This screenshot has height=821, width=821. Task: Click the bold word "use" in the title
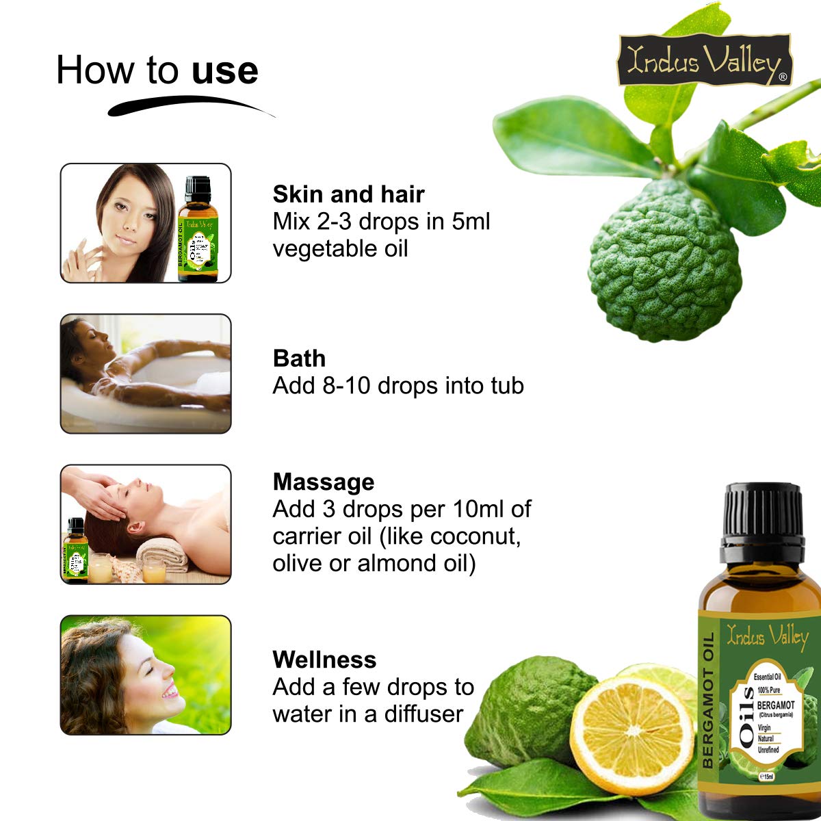coord(224,70)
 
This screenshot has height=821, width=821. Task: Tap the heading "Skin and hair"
coord(348,194)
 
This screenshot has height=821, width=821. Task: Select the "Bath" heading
coord(299,359)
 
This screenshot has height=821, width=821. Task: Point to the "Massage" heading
coord(324,482)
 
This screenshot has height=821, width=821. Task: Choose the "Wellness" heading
coord(324,660)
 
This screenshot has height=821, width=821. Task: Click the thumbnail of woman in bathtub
coord(146,374)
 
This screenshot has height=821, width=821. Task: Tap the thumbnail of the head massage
coord(146,524)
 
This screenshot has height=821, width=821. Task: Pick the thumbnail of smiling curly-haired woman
coord(146,675)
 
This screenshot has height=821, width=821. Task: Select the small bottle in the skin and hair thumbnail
coord(198,229)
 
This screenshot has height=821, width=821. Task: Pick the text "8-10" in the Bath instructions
coord(346,386)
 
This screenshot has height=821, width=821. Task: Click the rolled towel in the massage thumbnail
coord(162,556)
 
